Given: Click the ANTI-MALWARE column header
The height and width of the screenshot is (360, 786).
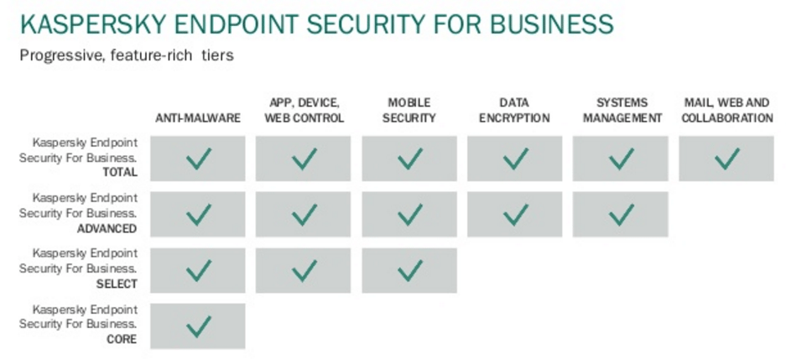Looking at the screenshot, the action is coord(198,117).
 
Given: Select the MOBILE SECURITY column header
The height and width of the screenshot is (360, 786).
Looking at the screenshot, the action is coord(409,110).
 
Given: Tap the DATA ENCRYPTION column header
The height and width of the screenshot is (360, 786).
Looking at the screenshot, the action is coord(514,110).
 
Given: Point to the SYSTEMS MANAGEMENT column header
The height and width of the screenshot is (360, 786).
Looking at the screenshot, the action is coord(622,110).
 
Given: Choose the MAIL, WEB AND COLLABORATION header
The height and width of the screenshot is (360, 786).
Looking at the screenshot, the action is coord(726,110).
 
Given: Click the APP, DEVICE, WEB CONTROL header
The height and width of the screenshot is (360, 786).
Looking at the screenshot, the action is coord(305,110).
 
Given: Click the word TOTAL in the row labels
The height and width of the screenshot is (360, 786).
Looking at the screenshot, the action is coord(120,173).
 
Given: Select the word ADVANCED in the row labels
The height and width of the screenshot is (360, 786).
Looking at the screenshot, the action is coord(107,228).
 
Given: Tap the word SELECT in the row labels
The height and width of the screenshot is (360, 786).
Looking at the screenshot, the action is coord(117,284).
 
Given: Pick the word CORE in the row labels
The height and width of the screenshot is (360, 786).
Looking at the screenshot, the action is coord(122,340).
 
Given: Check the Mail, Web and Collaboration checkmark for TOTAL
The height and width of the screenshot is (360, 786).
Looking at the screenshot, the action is coord(726,159).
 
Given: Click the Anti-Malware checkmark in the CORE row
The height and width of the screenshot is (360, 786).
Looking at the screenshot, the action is coord(199,326).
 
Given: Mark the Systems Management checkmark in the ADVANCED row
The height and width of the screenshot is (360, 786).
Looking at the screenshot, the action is coord(622,215).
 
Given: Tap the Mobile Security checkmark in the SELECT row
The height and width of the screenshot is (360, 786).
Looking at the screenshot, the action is coord(410,270).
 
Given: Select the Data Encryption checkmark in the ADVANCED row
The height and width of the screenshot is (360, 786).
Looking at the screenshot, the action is coord(516,215).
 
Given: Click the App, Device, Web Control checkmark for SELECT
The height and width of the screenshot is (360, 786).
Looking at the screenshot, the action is coord(305,270).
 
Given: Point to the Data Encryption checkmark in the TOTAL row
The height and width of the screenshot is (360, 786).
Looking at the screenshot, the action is coord(516,159).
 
